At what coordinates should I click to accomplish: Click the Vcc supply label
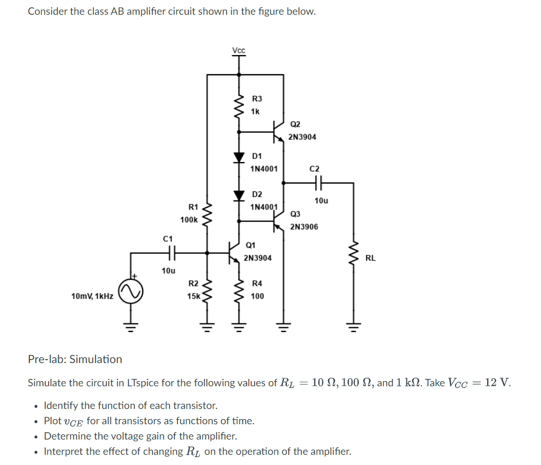pyautogui.click(x=239, y=50)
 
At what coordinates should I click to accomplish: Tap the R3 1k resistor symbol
pyautogui.click(x=239, y=105)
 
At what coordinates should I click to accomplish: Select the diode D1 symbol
pyautogui.click(x=239, y=157)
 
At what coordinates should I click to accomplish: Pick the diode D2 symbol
pyautogui.click(x=239, y=195)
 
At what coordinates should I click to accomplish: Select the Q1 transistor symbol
pyautogui.click(x=234, y=251)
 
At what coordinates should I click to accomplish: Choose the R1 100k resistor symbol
pyautogui.click(x=207, y=214)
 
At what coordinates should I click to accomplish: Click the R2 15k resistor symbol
pyautogui.click(x=207, y=289)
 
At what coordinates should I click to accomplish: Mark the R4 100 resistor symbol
pyautogui.click(x=239, y=289)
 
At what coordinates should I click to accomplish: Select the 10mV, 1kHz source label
pyautogui.click(x=92, y=296)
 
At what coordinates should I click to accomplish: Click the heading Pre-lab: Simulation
pyautogui.click(x=75, y=359)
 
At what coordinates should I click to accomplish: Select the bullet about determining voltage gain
pyautogui.click(x=140, y=436)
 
